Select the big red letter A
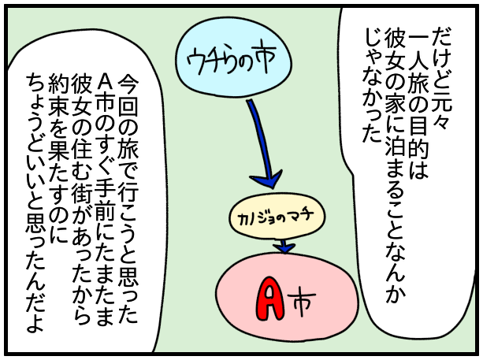click(271, 295)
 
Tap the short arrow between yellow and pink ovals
click(284, 246)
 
